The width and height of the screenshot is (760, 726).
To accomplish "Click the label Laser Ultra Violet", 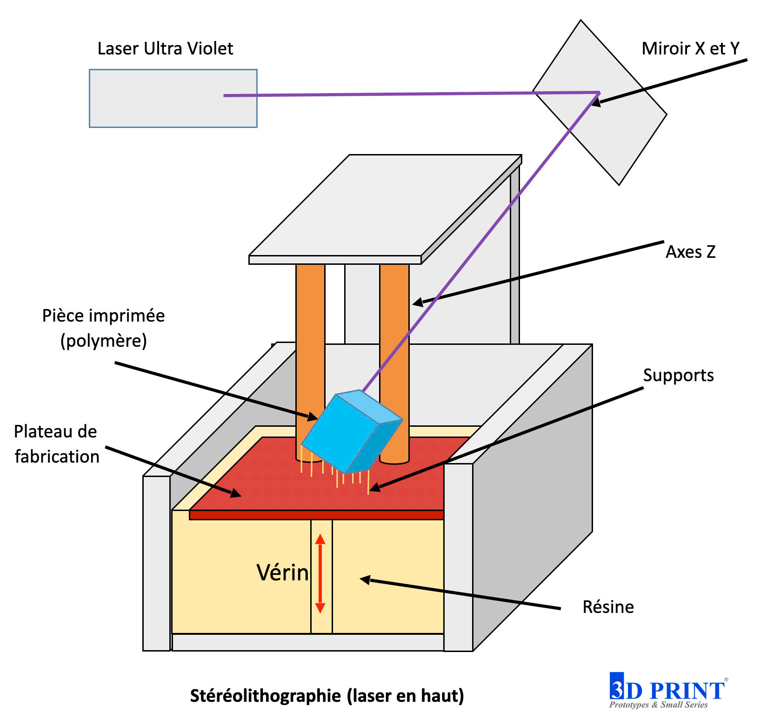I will click(165, 48).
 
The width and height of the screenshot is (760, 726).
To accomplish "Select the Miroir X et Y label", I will click(690, 48).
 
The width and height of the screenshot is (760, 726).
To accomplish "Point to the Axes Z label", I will click(690, 252).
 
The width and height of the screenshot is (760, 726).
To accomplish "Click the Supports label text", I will click(678, 375).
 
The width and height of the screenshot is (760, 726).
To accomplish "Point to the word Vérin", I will click(282, 572).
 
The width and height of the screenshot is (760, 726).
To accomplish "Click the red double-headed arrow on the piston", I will click(320, 574).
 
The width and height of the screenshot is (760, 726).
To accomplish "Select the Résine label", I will click(608, 607).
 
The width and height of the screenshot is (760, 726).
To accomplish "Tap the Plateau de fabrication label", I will click(56, 444).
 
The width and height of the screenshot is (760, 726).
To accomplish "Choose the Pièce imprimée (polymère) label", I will click(103, 328).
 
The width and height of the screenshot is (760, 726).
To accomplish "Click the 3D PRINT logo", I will click(667, 691).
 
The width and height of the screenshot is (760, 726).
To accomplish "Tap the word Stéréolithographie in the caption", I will click(265, 696).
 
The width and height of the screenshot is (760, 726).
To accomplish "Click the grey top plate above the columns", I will click(372, 209).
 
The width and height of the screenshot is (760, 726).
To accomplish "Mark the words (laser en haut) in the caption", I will click(405, 696).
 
